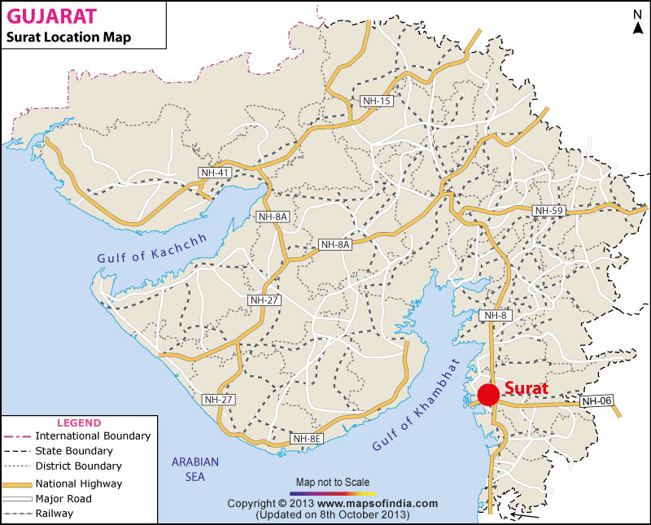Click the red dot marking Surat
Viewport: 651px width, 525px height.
click(488, 394)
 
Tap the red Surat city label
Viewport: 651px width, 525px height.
click(526, 388)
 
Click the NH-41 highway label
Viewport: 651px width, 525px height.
click(214, 172)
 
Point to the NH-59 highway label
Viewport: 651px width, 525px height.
click(548, 211)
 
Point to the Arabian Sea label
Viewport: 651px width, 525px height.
click(195, 469)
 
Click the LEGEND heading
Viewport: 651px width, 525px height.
click(78, 422)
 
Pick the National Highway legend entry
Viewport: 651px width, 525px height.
click(74, 483)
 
